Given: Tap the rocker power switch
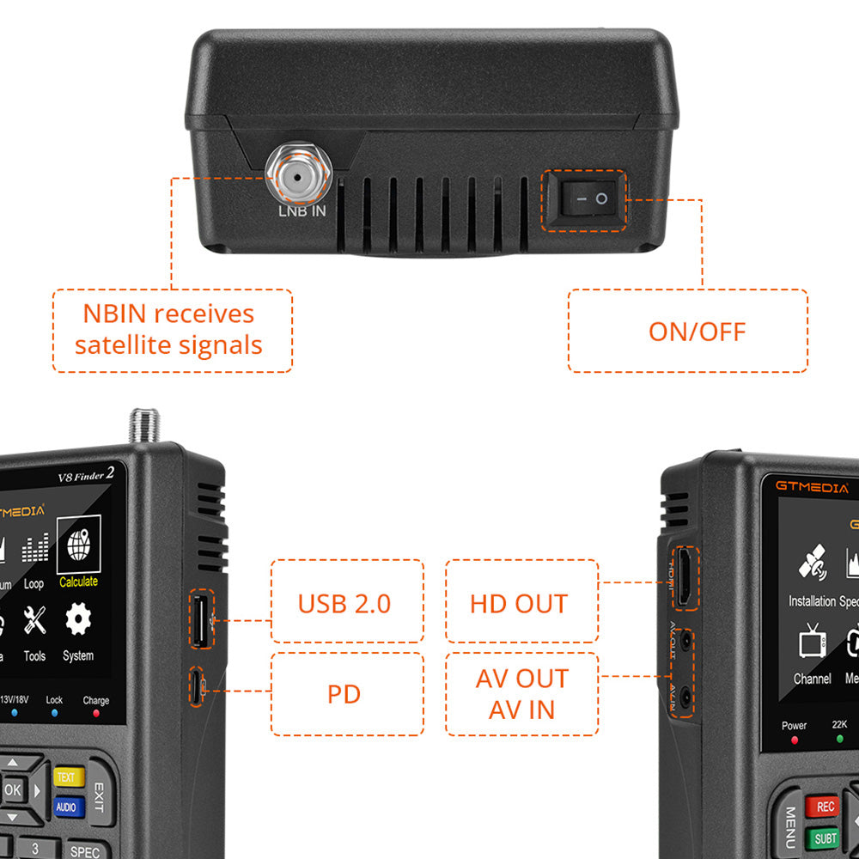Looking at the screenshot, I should (x=584, y=199).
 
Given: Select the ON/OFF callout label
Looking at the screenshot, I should (x=687, y=331).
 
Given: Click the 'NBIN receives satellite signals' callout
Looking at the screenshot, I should (x=172, y=331).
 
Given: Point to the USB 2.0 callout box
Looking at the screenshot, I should (x=347, y=601).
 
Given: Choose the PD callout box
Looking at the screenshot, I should (x=347, y=694).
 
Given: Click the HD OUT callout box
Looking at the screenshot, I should (x=521, y=601).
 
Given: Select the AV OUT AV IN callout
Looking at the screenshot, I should (x=521, y=694).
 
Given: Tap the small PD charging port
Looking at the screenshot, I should (x=198, y=687).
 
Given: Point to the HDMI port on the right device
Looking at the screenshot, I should (x=685, y=577).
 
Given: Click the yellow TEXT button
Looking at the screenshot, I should (x=69, y=777).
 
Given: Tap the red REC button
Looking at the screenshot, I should (x=825, y=807).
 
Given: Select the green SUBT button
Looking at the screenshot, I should (x=825, y=838).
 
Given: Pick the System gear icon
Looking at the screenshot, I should (x=78, y=620).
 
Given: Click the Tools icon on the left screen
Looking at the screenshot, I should (x=34, y=620).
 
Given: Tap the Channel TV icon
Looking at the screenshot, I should (x=812, y=643).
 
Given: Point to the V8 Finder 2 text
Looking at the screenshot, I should (x=86, y=474).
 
